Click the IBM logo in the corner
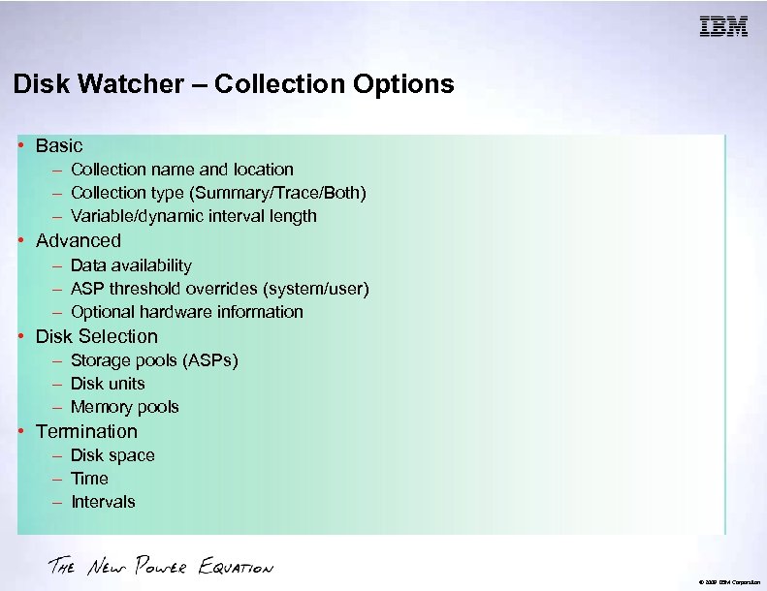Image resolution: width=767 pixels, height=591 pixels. click(724, 27)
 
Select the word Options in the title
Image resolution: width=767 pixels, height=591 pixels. click(402, 84)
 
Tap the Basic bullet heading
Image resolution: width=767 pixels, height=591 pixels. click(59, 145)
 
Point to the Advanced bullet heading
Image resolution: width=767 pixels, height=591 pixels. click(79, 240)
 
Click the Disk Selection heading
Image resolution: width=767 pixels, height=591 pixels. click(96, 336)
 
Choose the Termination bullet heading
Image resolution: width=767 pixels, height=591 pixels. click(86, 431)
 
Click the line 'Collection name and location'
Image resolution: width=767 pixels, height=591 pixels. click(182, 170)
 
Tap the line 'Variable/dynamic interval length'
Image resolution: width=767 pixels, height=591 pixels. click(194, 216)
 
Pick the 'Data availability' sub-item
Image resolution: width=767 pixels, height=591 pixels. click(131, 264)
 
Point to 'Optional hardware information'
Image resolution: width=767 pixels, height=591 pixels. click(187, 312)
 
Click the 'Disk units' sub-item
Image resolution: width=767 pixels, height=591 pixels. click(108, 384)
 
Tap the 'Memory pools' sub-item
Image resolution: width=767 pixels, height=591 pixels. click(125, 407)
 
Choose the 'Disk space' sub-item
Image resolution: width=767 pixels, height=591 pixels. click(112, 455)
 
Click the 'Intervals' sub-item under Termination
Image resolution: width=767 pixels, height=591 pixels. click(103, 502)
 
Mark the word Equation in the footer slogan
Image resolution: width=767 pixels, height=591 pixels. click(236, 567)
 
